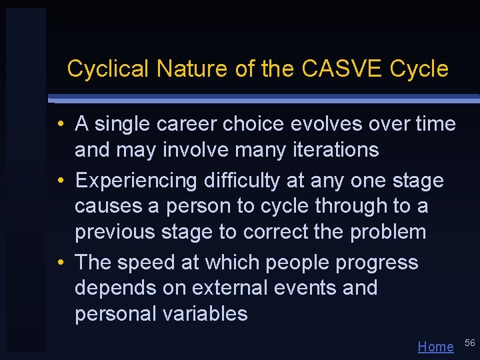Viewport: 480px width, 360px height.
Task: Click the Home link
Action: coord(435,346)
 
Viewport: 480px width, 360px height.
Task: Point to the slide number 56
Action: coord(469,343)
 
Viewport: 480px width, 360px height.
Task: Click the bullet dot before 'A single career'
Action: coord(60,124)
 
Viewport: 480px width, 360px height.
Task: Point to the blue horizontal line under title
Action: coord(267,99)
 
